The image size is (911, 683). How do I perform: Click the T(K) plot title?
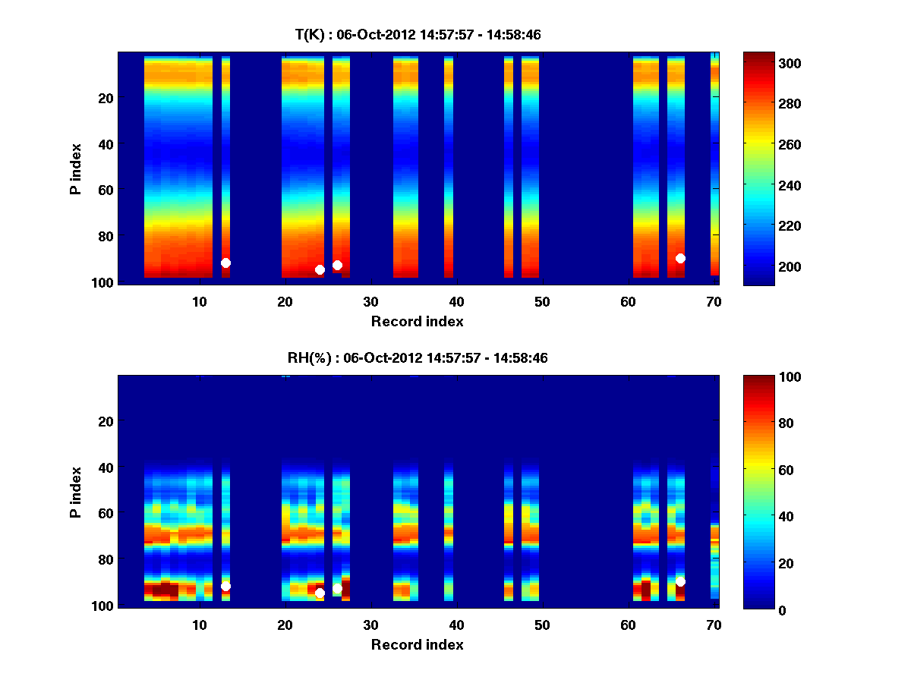(x=418, y=34)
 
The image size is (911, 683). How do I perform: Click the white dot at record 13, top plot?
(x=225, y=263)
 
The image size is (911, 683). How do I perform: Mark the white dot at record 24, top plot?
(x=320, y=269)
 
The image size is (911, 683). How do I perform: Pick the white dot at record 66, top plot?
(x=680, y=258)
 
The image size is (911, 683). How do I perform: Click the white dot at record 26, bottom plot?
(x=337, y=589)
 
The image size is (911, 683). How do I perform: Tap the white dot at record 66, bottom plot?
(x=680, y=581)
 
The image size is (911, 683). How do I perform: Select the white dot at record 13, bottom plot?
(x=225, y=586)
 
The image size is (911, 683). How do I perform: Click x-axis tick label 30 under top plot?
(x=370, y=301)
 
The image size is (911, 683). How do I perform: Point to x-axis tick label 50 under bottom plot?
(x=542, y=625)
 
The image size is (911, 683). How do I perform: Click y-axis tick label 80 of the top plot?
(x=105, y=236)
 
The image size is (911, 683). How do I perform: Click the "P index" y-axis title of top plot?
(x=76, y=167)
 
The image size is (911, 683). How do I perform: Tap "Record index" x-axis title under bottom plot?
(x=418, y=644)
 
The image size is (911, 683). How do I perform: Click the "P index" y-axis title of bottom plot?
(x=76, y=491)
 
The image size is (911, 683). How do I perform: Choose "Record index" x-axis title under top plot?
(x=418, y=321)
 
